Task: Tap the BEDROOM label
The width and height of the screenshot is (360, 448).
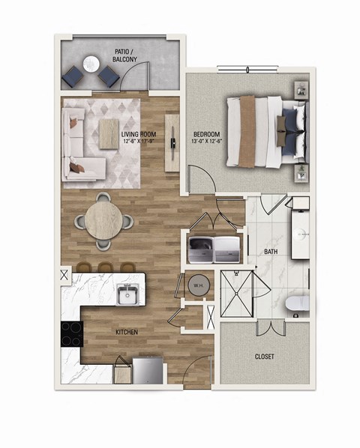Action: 199,136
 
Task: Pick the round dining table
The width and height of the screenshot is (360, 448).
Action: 102,221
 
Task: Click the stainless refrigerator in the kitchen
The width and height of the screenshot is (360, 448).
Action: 148,370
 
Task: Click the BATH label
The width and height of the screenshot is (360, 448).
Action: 271,252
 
